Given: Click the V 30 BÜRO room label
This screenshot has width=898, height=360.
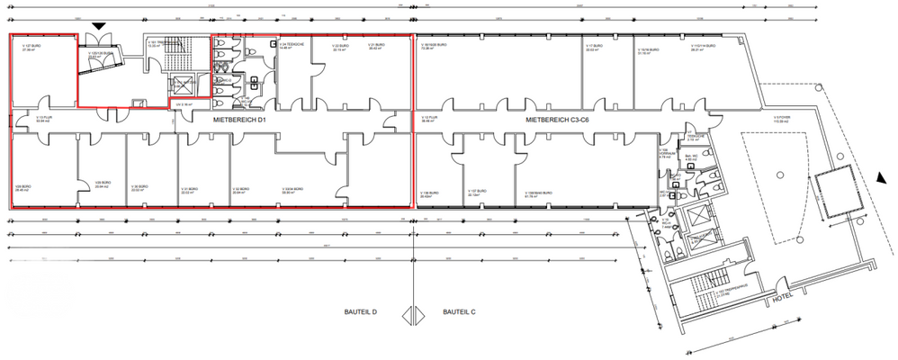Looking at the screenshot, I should coord(139,189).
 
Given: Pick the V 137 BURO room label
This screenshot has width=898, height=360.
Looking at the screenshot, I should coord(477,193).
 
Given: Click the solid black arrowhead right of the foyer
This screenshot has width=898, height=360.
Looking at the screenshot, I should coord(876,179).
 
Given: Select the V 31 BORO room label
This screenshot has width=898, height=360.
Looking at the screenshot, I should coord(187,189).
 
